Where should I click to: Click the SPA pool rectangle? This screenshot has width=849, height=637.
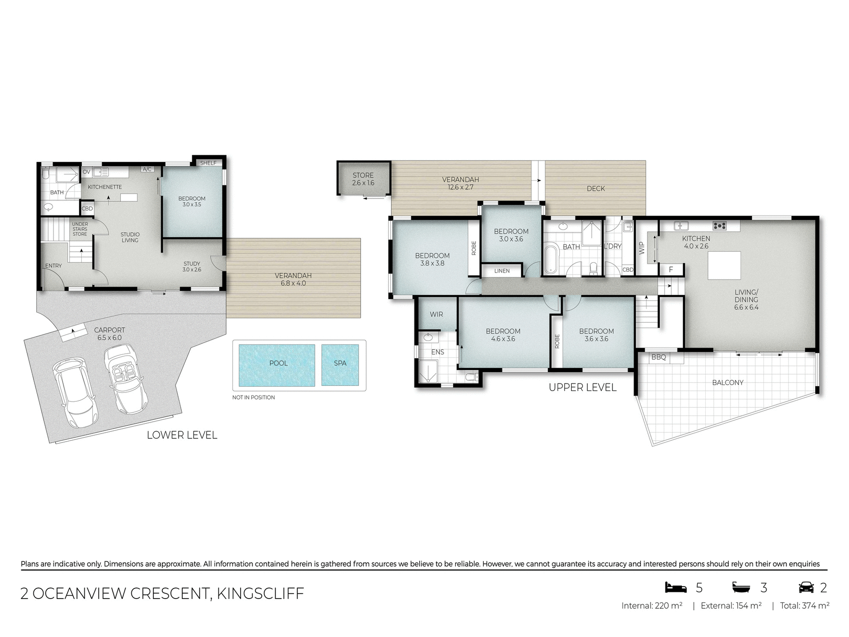[340, 365]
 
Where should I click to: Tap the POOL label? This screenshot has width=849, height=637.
[278, 363]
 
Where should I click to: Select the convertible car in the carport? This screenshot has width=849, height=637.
[120, 379]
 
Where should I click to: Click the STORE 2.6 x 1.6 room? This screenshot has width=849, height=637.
[363, 179]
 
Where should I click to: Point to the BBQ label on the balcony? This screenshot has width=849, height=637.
[658, 357]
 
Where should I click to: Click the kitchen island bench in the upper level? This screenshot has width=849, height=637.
[724, 265]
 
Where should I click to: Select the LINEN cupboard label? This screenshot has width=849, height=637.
[502, 271]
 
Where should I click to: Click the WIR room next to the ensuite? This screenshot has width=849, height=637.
[436, 314]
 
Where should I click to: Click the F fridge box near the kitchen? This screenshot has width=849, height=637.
[671, 269]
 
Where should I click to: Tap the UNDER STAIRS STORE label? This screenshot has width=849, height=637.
[80, 229]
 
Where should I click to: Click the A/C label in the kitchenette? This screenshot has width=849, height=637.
[147, 169]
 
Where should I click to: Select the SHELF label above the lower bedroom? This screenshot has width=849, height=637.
[208, 163]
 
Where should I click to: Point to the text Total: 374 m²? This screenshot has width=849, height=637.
[804, 606]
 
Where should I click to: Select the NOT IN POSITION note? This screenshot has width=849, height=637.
[253, 397]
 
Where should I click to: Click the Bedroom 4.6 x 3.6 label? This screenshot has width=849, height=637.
[503, 335]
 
